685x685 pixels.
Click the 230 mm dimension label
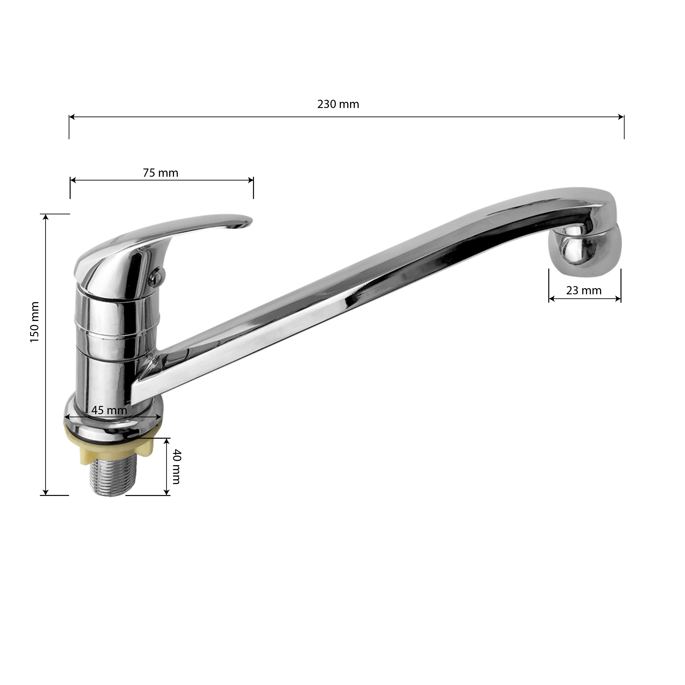click(338, 104)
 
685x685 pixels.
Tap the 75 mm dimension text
click(160, 173)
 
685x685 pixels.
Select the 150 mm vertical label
click(34, 322)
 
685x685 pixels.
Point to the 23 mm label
click(584, 291)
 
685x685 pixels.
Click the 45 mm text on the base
click(109, 410)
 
